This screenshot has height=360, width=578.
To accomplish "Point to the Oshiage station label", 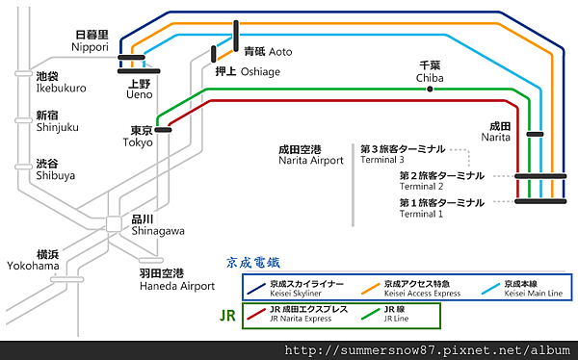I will (x=249, y=71).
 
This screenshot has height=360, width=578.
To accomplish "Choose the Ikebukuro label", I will (x=60, y=82).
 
